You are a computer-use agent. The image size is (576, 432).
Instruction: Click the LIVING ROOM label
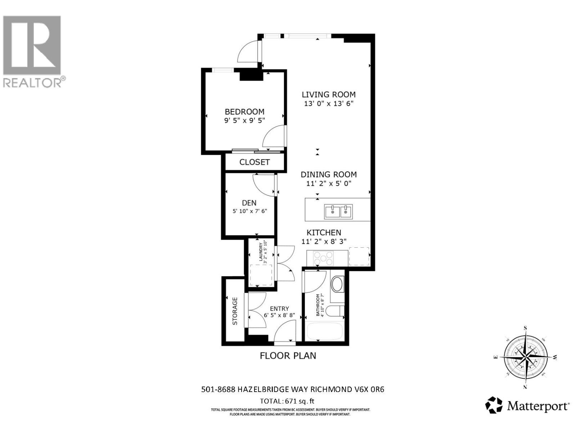click(x=328, y=95)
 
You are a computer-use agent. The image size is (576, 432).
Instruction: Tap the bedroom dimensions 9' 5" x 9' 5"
click(x=244, y=121)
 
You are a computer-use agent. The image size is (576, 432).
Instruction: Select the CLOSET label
click(x=254, y=162)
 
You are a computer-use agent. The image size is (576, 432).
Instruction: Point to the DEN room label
click(x=249, y=203)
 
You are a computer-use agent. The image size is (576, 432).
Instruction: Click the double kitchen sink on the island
click(x=338, y=212)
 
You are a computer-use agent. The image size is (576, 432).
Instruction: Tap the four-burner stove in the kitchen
click(x=323, y=258)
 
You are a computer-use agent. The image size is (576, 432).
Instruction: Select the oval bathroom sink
click(x=337, y=284)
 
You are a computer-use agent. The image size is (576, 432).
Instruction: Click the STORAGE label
click(x=235, y=311)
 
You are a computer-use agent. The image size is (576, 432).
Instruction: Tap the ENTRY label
click(x=279, y=309)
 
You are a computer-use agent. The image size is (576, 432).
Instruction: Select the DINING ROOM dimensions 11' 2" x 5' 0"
click(x=328, y=184)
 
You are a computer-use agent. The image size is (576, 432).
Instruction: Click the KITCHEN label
click(x=324, y=233)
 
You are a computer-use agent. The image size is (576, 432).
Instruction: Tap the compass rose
click(x=525, y=357)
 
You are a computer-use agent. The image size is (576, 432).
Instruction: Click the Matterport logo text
click(x=538, y=406)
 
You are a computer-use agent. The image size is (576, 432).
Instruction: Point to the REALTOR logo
click(x=32, y=50)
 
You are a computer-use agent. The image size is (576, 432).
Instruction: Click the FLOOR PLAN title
click(x=288, y=356)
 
